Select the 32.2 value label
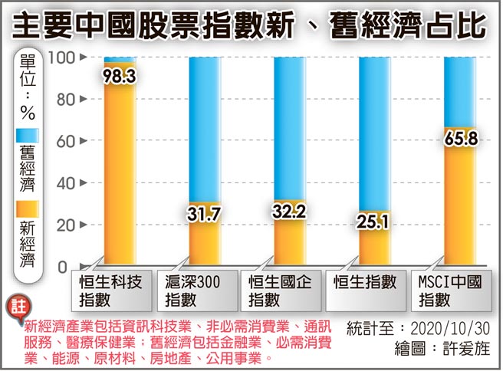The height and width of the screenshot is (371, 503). click(290, 215)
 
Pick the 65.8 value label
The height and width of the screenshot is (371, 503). click(460, 141)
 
